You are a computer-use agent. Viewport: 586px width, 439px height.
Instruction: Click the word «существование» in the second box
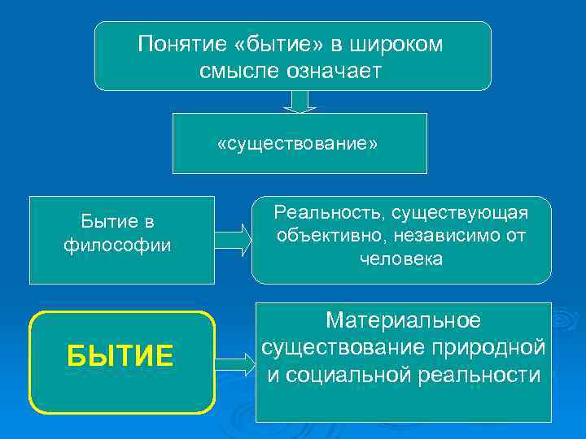pyautogui.click(x=298, y=144)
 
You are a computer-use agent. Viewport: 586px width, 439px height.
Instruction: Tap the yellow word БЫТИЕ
pyautogui.click(x=120, y=356)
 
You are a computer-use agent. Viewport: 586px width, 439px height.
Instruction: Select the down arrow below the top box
pyautogui.click(x=300, y=102)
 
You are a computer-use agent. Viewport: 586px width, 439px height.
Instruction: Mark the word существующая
pyautogui.click(x=460, y=213)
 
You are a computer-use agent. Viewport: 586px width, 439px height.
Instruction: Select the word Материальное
pyautogui.click(x=403, y=320)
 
